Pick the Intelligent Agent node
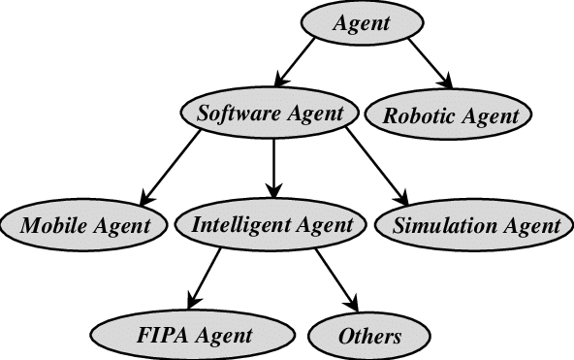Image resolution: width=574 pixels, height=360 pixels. pos(271,226)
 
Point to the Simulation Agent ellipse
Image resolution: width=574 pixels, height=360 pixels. pos(477,226)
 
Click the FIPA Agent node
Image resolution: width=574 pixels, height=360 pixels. pos(194,336)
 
